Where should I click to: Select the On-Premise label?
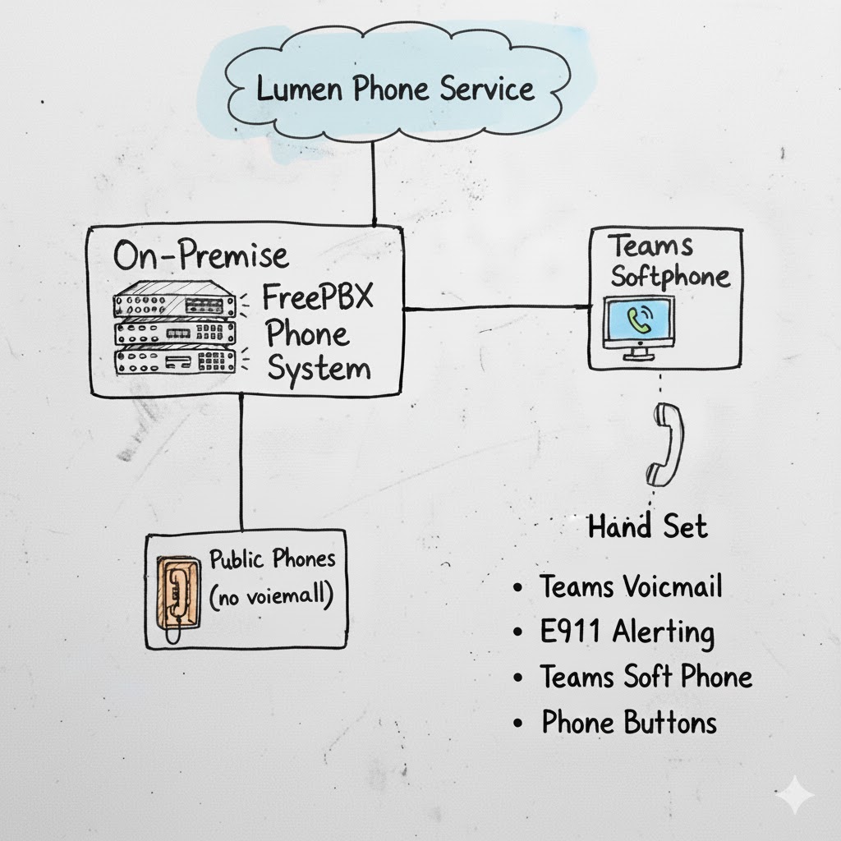(x=200, y=256)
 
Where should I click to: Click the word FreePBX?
(x=317, y=296)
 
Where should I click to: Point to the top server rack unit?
(x=173, y=300)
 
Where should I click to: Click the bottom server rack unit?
(x=173, y=361)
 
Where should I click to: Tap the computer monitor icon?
(x=638, y=326)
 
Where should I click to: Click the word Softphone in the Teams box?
(x=669, y=277)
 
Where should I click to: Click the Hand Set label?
(x=647, y=526)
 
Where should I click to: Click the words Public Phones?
(x=272, y=560)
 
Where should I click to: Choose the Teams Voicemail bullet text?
(x=631, y=587)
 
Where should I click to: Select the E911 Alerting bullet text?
(x=627, y=632)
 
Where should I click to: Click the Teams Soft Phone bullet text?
(x=646, y=678)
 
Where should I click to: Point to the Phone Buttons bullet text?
(x=628, y=723)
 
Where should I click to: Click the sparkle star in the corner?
(x=794, y=795)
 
